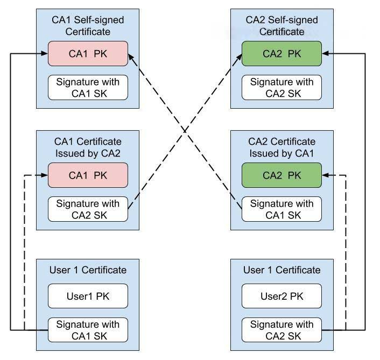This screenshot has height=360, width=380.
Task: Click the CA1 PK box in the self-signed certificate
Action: (88, 54)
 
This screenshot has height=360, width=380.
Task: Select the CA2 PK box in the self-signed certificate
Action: (282, 54)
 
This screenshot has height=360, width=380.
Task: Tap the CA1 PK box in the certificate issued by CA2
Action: (88, 175)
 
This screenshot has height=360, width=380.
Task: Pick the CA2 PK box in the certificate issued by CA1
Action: (282, 175)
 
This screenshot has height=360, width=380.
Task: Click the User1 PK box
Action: (88, 296)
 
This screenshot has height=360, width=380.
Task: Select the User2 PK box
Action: (282, 296)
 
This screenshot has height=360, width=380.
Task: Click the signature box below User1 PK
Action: (88, 330)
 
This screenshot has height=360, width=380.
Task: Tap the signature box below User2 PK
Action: (282, 330)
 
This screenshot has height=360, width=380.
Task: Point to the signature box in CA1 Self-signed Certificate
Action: (88, 88)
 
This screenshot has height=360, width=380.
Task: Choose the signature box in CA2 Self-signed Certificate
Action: (282, 88)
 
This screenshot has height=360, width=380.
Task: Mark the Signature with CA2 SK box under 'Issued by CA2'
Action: (88, 209)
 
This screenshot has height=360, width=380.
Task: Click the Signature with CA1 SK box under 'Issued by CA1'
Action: (282, 209)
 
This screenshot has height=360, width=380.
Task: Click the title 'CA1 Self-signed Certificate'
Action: (88, 25)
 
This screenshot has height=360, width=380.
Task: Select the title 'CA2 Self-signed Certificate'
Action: (282, 25)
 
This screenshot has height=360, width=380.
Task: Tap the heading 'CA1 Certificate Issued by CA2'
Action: (88, 146)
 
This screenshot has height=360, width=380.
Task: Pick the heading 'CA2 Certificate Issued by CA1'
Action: (282, 146)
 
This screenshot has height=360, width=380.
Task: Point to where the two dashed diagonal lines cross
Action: (185, 130)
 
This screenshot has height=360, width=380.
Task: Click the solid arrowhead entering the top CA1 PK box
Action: (44, 54)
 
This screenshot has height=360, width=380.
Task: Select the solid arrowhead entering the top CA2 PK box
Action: (326, 54)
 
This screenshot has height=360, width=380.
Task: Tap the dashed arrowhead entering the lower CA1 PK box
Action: (44, 175)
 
